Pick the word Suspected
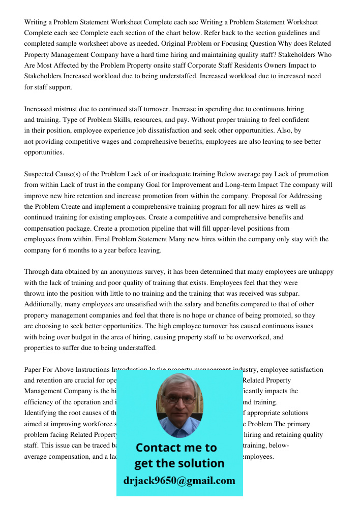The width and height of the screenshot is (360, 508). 40,174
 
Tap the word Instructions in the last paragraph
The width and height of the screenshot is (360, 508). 91,369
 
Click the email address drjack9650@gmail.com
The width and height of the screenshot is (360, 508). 179,481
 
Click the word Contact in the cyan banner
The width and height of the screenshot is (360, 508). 159,448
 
